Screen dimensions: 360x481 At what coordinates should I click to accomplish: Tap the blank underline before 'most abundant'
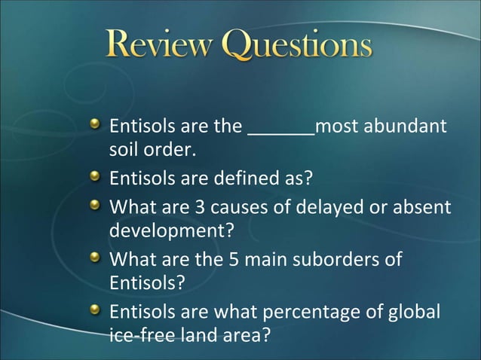click(281, 127)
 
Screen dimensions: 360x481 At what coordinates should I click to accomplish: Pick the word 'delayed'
click(334, 206)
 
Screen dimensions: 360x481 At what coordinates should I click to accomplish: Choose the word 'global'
click(417, 311)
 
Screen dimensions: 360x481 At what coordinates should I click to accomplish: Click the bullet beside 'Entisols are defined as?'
click(95, 178)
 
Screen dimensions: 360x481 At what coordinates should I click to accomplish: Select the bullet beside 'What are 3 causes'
click(95, 205)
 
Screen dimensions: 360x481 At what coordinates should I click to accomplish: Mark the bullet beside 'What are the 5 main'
click(95, 258)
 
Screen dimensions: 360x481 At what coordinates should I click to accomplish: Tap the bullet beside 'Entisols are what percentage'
click(95, 310)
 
